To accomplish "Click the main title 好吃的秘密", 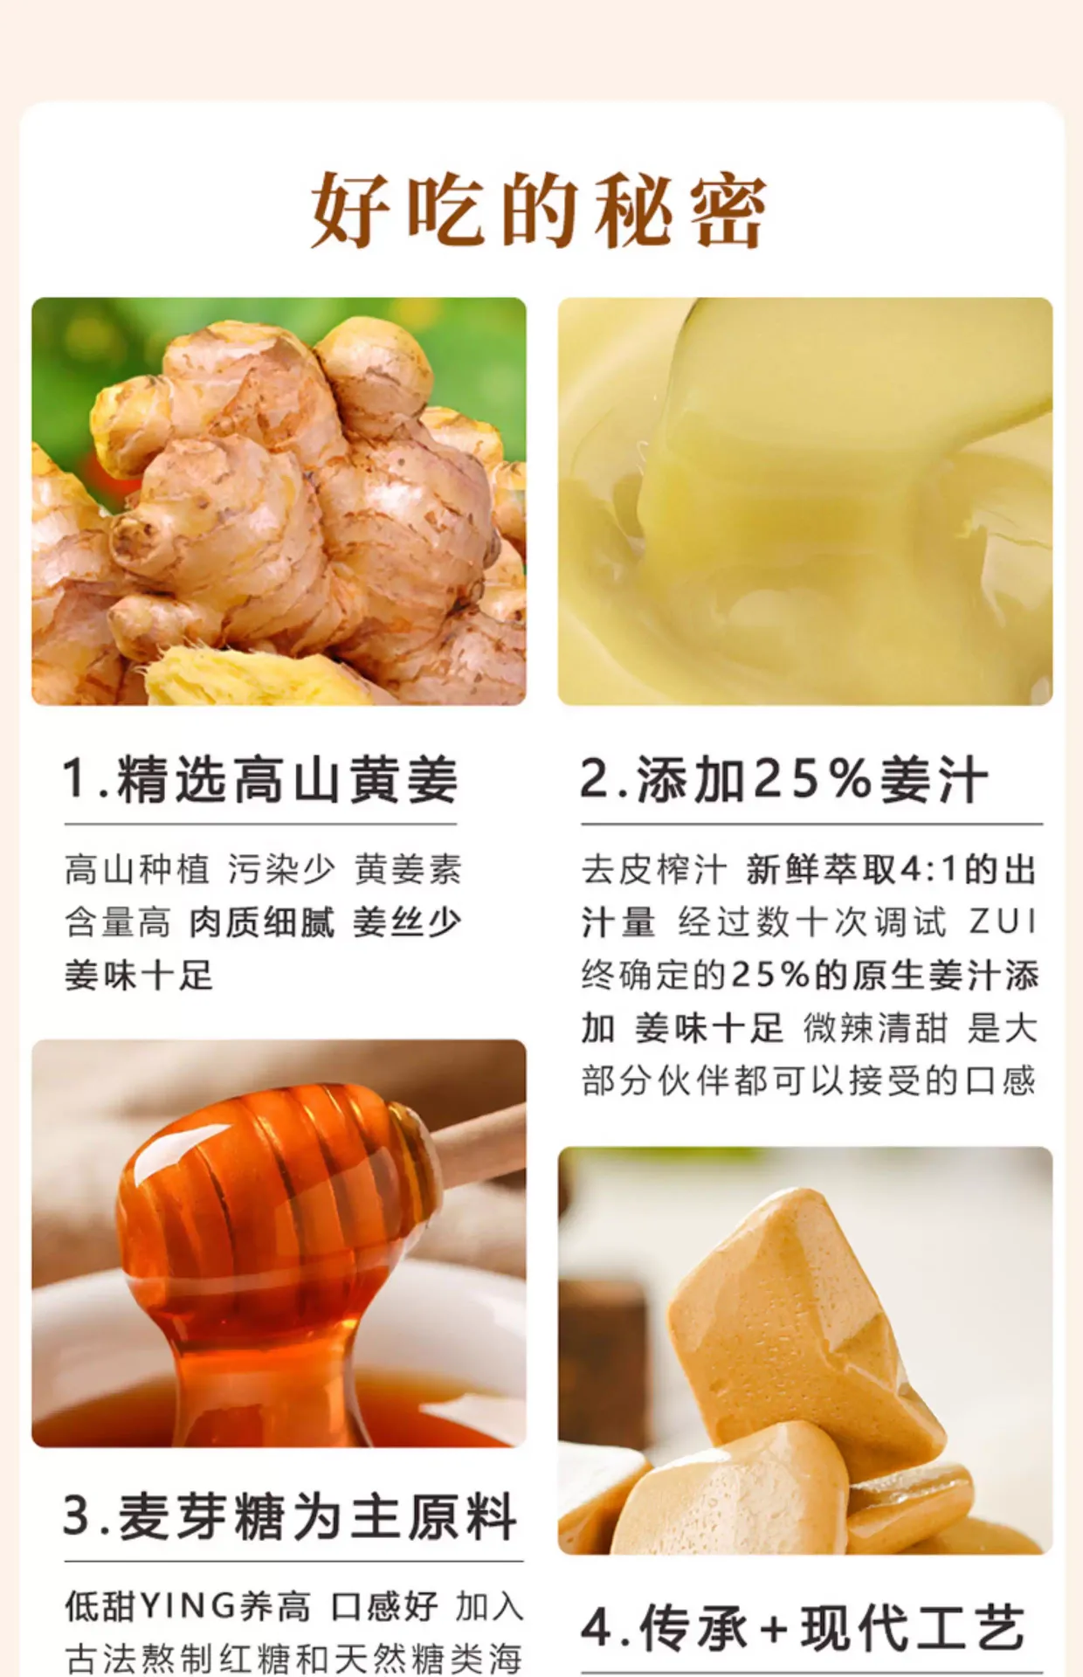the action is tap(539, 210).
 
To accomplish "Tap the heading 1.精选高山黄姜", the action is tap(260, 779).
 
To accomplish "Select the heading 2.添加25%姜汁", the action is tap(784, 779).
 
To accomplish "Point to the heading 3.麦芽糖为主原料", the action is tap(290, 1516).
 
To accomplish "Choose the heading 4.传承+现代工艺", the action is tap(803, 1627).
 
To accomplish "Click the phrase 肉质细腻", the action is tap(262, 921).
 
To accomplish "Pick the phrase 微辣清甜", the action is tap(875, 1028).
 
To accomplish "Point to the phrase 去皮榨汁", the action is tap(654, 869).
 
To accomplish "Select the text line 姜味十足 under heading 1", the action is tap(138, 975).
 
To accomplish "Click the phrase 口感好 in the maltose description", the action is tap(384, 1605).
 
